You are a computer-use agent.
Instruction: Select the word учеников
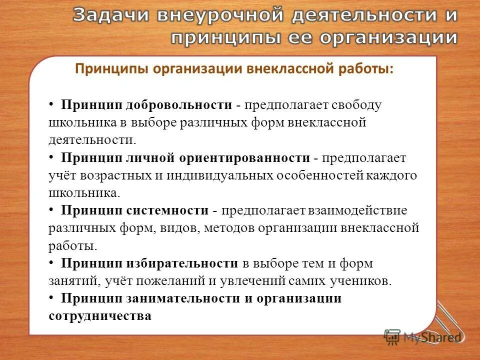[359, 281]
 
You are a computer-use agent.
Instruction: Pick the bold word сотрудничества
[100, 316]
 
